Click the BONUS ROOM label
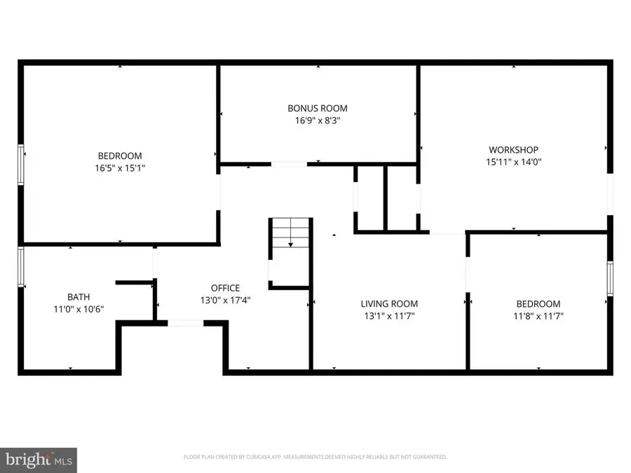click(x=317, y=108)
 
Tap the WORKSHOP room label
click(x=513, y=149)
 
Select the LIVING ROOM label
click(x=389, y=303)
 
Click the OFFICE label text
click(x=225, y=287)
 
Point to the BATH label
click(x=79, y=296)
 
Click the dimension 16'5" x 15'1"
click(x=119, y=168)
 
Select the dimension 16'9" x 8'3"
click(x=317, y=121)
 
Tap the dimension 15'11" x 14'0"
click(x=513, y=162)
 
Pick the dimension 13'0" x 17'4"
click(x=225, y=300)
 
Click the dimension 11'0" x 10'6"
click(x=79, y=309)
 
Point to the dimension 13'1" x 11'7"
click(x=389, y=316)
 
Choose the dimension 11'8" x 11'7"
click(x=538, y=316)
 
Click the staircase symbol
click(x=290, y=233)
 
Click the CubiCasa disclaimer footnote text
click(x=315, y=457)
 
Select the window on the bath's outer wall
click(x=21, y=267)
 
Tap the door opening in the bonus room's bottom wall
click(x=288, y=164)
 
